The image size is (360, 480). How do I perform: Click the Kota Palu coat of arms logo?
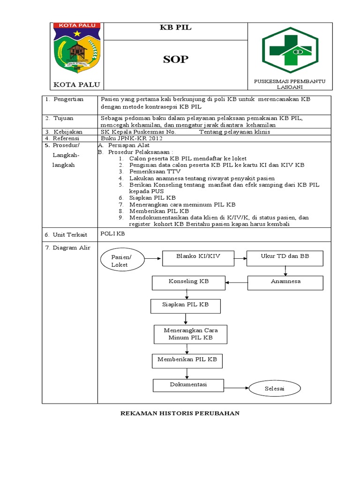(77, 48)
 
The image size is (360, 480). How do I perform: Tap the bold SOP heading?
(176, 60)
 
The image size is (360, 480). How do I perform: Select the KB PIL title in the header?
(176, 28)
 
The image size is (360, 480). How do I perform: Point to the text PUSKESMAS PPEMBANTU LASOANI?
(290, 84)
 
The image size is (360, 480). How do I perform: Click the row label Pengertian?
(68, 99)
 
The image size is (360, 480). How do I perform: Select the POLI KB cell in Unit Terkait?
(113, 233)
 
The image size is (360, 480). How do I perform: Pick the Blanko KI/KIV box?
(198, 258)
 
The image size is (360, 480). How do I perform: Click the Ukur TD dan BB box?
(285, 258)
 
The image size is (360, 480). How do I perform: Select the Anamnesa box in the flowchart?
(285, 282)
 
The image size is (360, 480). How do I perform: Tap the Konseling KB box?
(188, 282)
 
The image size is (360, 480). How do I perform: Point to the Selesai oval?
(275, 389)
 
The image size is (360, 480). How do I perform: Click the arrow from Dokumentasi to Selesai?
(234, 388)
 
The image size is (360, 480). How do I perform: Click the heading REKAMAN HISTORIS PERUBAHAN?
(180, 413)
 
